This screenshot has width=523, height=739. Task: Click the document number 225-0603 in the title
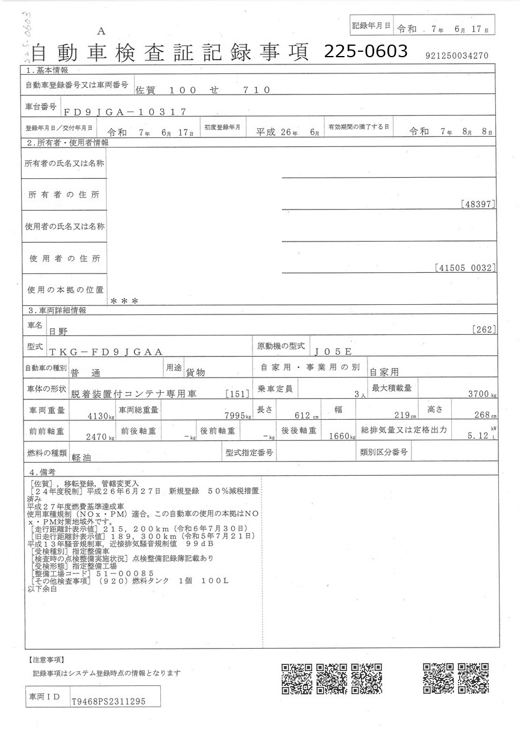[x=366, y=52]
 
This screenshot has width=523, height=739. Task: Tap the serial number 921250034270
[x=456, y=56]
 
